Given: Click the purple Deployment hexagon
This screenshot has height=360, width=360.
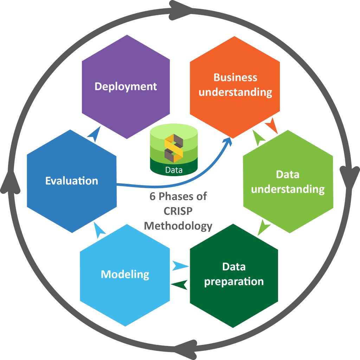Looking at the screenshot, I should (126, 91).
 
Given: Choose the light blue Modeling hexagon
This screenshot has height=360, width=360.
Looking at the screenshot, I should (125, 278).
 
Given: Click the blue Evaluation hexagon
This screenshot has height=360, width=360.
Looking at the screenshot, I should (72, 181).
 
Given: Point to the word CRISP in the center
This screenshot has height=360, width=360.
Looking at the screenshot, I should (178, 211).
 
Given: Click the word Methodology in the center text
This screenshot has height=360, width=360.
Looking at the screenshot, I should (178, 225).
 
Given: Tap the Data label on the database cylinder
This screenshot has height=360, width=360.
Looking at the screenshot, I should (174, 171).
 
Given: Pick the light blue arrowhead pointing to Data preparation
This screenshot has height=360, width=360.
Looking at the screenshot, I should (180, 265).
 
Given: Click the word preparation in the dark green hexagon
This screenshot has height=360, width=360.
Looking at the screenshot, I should (234, 281).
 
